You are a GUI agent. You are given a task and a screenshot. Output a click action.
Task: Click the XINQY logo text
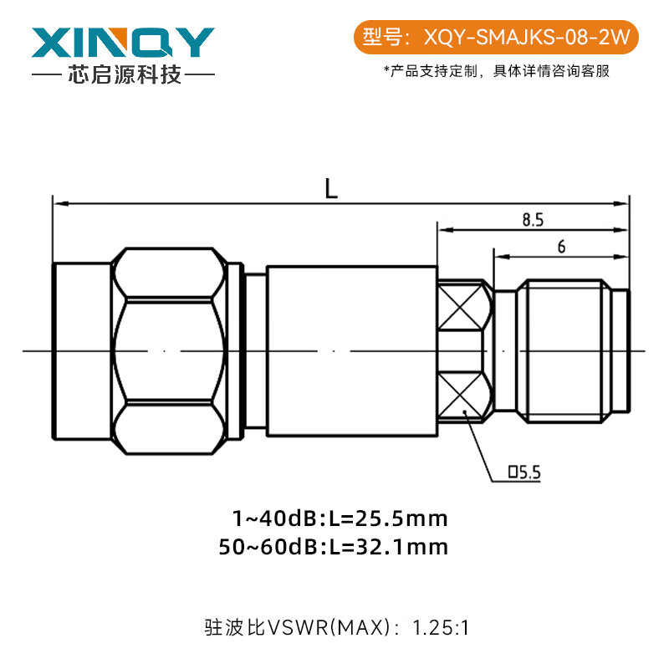(123, 42)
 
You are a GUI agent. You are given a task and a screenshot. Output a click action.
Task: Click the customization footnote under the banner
(496, 71)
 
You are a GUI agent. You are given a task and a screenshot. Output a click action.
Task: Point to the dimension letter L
(332, 189)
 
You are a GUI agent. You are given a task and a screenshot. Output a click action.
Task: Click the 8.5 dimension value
(533, 220)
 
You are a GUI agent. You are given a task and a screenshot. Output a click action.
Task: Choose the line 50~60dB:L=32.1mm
(332, 547)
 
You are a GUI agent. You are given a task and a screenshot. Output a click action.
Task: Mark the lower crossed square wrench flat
(464, 396)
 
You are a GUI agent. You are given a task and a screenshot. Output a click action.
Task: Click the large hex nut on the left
(171, 350)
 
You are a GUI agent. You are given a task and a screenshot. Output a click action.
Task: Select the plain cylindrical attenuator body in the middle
(351, 350)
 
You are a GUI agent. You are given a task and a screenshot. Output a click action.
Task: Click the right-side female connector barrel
(560, 350)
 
